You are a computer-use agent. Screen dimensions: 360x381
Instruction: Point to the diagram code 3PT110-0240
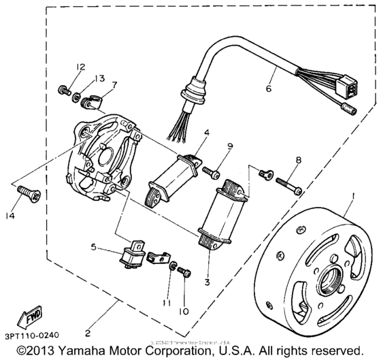(x=31, y=336)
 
